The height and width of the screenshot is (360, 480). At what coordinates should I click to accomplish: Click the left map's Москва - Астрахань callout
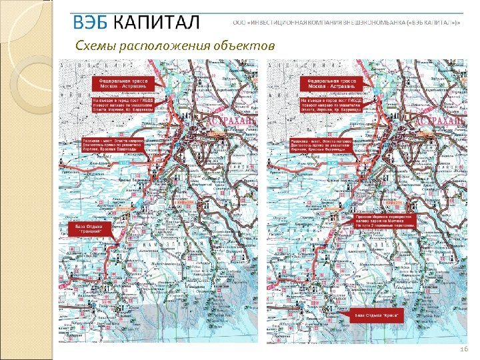tap(123, 83)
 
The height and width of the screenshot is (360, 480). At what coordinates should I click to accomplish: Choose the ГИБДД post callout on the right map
tap(331, 104)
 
